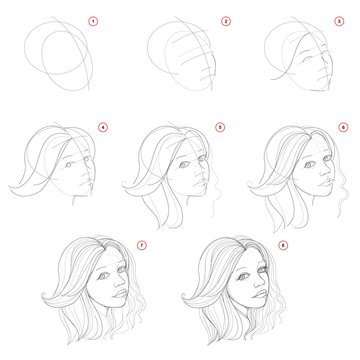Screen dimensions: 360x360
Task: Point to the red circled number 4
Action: click(103, 126)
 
